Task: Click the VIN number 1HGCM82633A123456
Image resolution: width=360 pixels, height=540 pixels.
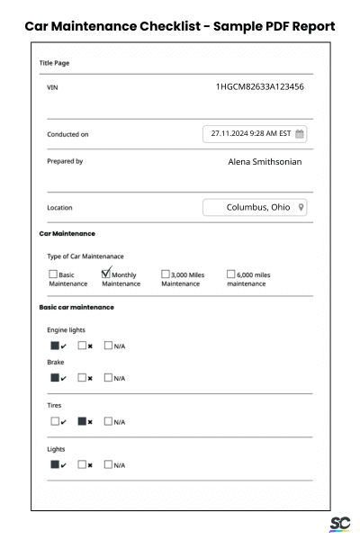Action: click(x=259, y=87)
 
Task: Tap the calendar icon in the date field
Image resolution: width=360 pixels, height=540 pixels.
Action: click(x=300, y=134)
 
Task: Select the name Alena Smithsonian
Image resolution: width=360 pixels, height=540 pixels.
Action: click(x=265, y=162)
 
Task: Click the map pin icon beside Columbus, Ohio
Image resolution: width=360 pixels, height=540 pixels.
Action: click(x=301, y=207)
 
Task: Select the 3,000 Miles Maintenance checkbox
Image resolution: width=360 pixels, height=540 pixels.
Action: click(x=166, y=274)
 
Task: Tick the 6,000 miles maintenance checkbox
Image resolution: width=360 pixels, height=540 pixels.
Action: click(x=230, y=274)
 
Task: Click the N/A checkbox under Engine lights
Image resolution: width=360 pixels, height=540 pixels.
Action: click(x=108, y=345)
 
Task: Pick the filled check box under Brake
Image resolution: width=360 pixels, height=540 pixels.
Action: click(x=54, y=377)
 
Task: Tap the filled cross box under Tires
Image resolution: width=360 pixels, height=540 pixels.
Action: click(x=82, y=420)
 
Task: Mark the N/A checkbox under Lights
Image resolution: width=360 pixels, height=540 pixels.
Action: click(x=108, y=464)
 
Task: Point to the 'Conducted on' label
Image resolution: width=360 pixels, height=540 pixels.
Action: click(x=67, y=135)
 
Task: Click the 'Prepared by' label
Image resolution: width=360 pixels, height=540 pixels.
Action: click(x=65, y=162)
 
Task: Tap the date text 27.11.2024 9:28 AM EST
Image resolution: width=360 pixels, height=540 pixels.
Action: click(x=250, y=134)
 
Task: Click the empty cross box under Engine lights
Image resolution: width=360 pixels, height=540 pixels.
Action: click(x=82, y=345)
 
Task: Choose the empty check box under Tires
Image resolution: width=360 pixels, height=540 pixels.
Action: click(x=54, y=420)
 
